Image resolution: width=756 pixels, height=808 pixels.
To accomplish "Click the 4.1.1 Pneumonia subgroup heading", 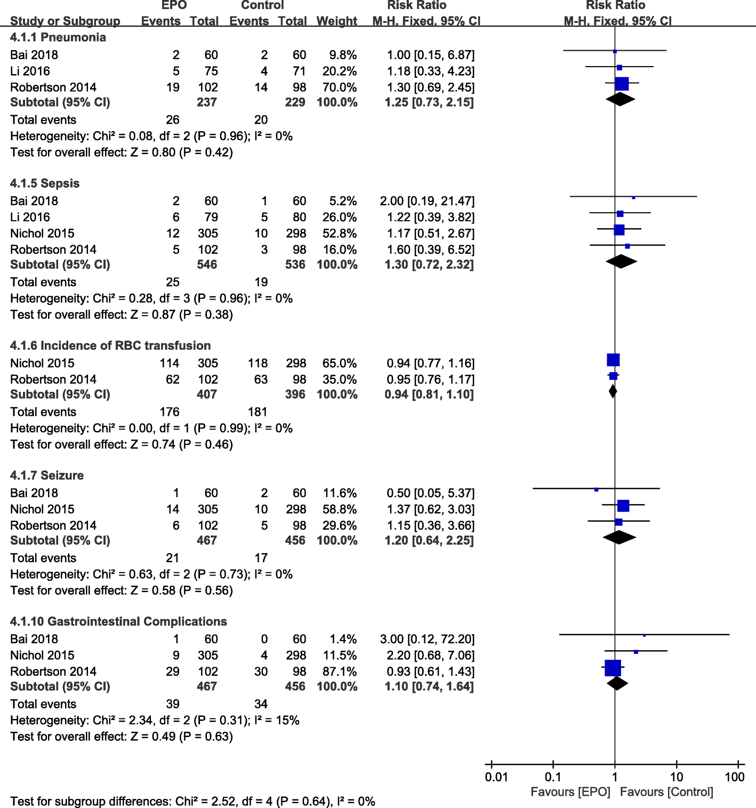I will coord(58,37).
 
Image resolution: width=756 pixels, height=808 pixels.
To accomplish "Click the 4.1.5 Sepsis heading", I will coord(45,183).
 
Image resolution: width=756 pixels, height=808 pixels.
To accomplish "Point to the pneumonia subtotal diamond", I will coord(620,99).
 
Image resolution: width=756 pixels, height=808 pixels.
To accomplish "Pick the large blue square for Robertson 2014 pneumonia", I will coord(622,84).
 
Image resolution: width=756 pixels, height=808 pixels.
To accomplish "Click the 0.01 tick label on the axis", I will coord(496,777).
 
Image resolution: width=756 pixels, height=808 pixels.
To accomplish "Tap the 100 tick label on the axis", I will coord(734,777).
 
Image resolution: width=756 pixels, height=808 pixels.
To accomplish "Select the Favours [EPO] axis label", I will coord(570,792).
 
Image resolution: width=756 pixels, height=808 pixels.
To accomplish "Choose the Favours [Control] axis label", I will coord(666,792).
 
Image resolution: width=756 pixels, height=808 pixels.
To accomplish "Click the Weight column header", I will coord(336,21).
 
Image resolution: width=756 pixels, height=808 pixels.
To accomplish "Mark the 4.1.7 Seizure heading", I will coord(47,475).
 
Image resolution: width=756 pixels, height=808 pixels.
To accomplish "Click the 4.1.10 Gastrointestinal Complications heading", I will coord(118,621).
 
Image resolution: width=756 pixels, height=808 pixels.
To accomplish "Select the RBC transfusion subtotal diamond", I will coord(613,391).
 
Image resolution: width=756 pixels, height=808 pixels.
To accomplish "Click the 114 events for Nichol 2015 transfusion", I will coord(169,363).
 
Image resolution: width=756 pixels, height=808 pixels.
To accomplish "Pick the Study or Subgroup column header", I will coord(65,21).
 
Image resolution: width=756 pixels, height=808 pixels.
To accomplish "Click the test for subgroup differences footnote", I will coord(192,802).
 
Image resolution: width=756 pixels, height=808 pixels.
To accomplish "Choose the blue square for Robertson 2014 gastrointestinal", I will coord(613,668).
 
